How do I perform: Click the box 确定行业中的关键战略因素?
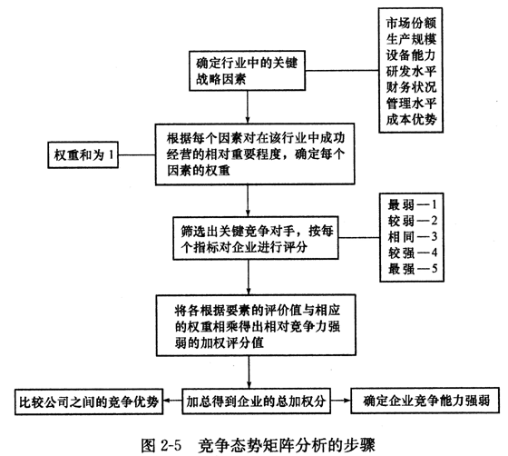tap(247, 70)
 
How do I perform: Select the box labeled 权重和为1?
tap(83, 154)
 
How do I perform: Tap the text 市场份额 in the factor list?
tap(411, 23)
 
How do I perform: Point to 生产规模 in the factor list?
tap(411, 39)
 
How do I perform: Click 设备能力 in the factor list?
tap(410, 55)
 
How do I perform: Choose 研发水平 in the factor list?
tap(411, 72)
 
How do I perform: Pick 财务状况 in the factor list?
tap(411, 87)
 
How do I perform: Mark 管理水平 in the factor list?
tap(411, 104)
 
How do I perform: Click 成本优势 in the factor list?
tap(411, 120)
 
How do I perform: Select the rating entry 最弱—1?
tap(413, 205)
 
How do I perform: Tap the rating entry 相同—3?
tap(413, 237)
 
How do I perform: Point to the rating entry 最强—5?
tap(413, 269)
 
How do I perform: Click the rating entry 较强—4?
tap(413, 253)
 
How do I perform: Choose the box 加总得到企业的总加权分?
tap(256, 401)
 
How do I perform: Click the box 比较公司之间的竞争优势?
tap(89, 401)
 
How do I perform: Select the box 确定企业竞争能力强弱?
tap(425, 401)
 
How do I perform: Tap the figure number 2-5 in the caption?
tap(171, 445)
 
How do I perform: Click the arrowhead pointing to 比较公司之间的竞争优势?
tap(166, 401)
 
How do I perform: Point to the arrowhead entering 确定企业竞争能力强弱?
tap(347, 401)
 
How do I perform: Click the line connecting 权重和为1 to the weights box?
tap(137, 154)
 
